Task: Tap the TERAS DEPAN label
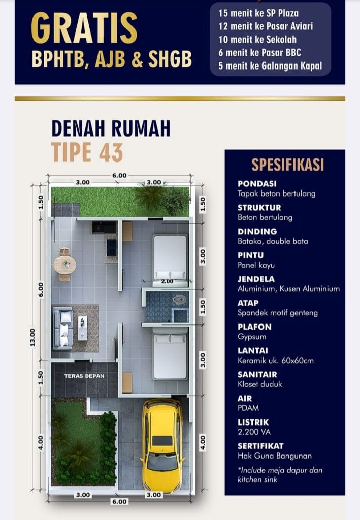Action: [x=84, y=376]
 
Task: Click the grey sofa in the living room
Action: [x=63, y=329]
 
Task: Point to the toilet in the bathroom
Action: [x=179, y=300]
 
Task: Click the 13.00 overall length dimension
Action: [x=32, y=338]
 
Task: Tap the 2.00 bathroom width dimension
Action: [x=167, y=281]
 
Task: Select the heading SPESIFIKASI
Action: [x=287, y=165]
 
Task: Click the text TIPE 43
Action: [x=87, y=152]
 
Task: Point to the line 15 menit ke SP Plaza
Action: [x=258, y=13]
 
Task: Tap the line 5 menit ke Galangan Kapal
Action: [x=270, y=66]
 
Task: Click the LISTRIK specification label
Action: [x=253, y=422]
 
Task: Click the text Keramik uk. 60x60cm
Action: [x=276, y=360]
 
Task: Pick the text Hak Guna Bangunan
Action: [x=275, y=456]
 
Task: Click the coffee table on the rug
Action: [x=83, y=328]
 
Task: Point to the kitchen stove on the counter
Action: [x=111, y=247]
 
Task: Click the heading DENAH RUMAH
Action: [x=111, y=128]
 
